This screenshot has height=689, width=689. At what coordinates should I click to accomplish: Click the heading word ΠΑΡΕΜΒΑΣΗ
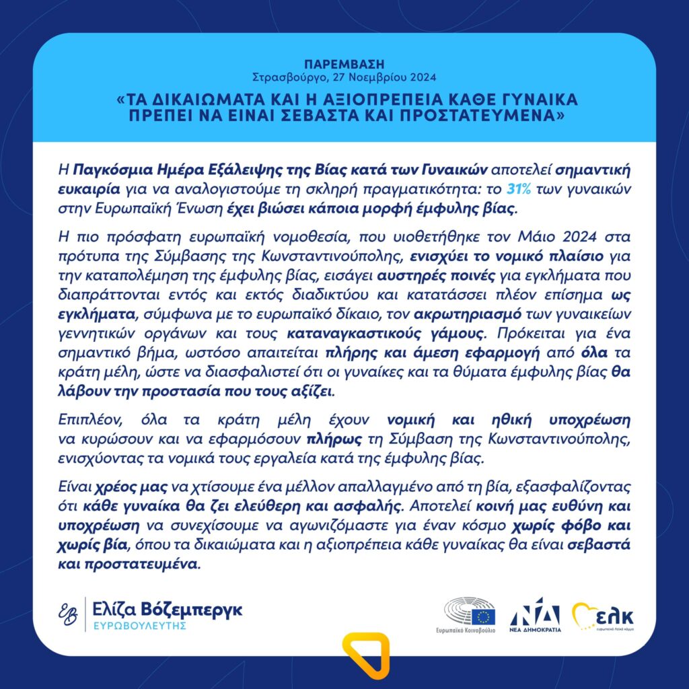click(344, 65)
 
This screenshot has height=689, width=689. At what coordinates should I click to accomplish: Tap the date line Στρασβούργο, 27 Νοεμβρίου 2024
click(344, 76)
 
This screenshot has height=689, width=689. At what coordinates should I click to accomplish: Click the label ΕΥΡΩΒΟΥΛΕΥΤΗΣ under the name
click(139, 626)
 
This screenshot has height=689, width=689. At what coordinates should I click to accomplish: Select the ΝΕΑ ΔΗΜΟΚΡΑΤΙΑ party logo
click(535, 616)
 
